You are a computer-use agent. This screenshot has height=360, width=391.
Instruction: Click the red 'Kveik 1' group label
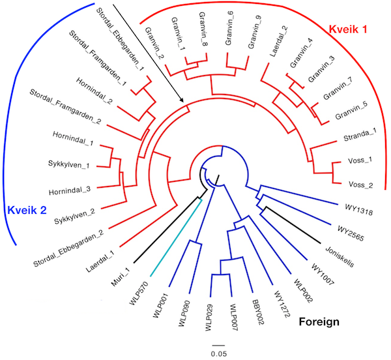(348, 29)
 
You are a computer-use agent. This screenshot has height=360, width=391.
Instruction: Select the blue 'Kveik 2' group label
(27, 210)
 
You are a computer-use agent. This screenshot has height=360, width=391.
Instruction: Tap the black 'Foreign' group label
(319, 322)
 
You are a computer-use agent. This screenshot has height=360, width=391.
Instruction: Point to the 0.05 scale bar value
(219, 353)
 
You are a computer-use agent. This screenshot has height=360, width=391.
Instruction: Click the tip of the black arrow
(183, 102)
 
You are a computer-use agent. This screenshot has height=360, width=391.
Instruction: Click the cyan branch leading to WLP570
(176, 237)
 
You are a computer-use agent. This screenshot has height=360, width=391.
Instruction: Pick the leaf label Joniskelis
(340, 257)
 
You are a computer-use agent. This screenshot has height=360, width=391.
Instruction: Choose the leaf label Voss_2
(360, 185)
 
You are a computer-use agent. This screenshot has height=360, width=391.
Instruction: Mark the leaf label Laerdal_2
(278, 42)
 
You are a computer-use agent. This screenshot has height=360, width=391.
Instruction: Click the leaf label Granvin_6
(229, 32)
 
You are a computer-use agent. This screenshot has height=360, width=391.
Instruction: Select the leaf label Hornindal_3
(70, 191)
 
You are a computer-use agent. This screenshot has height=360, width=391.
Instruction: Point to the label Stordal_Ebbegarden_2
(68, 248)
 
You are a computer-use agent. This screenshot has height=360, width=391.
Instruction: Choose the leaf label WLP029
(209, 318)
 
